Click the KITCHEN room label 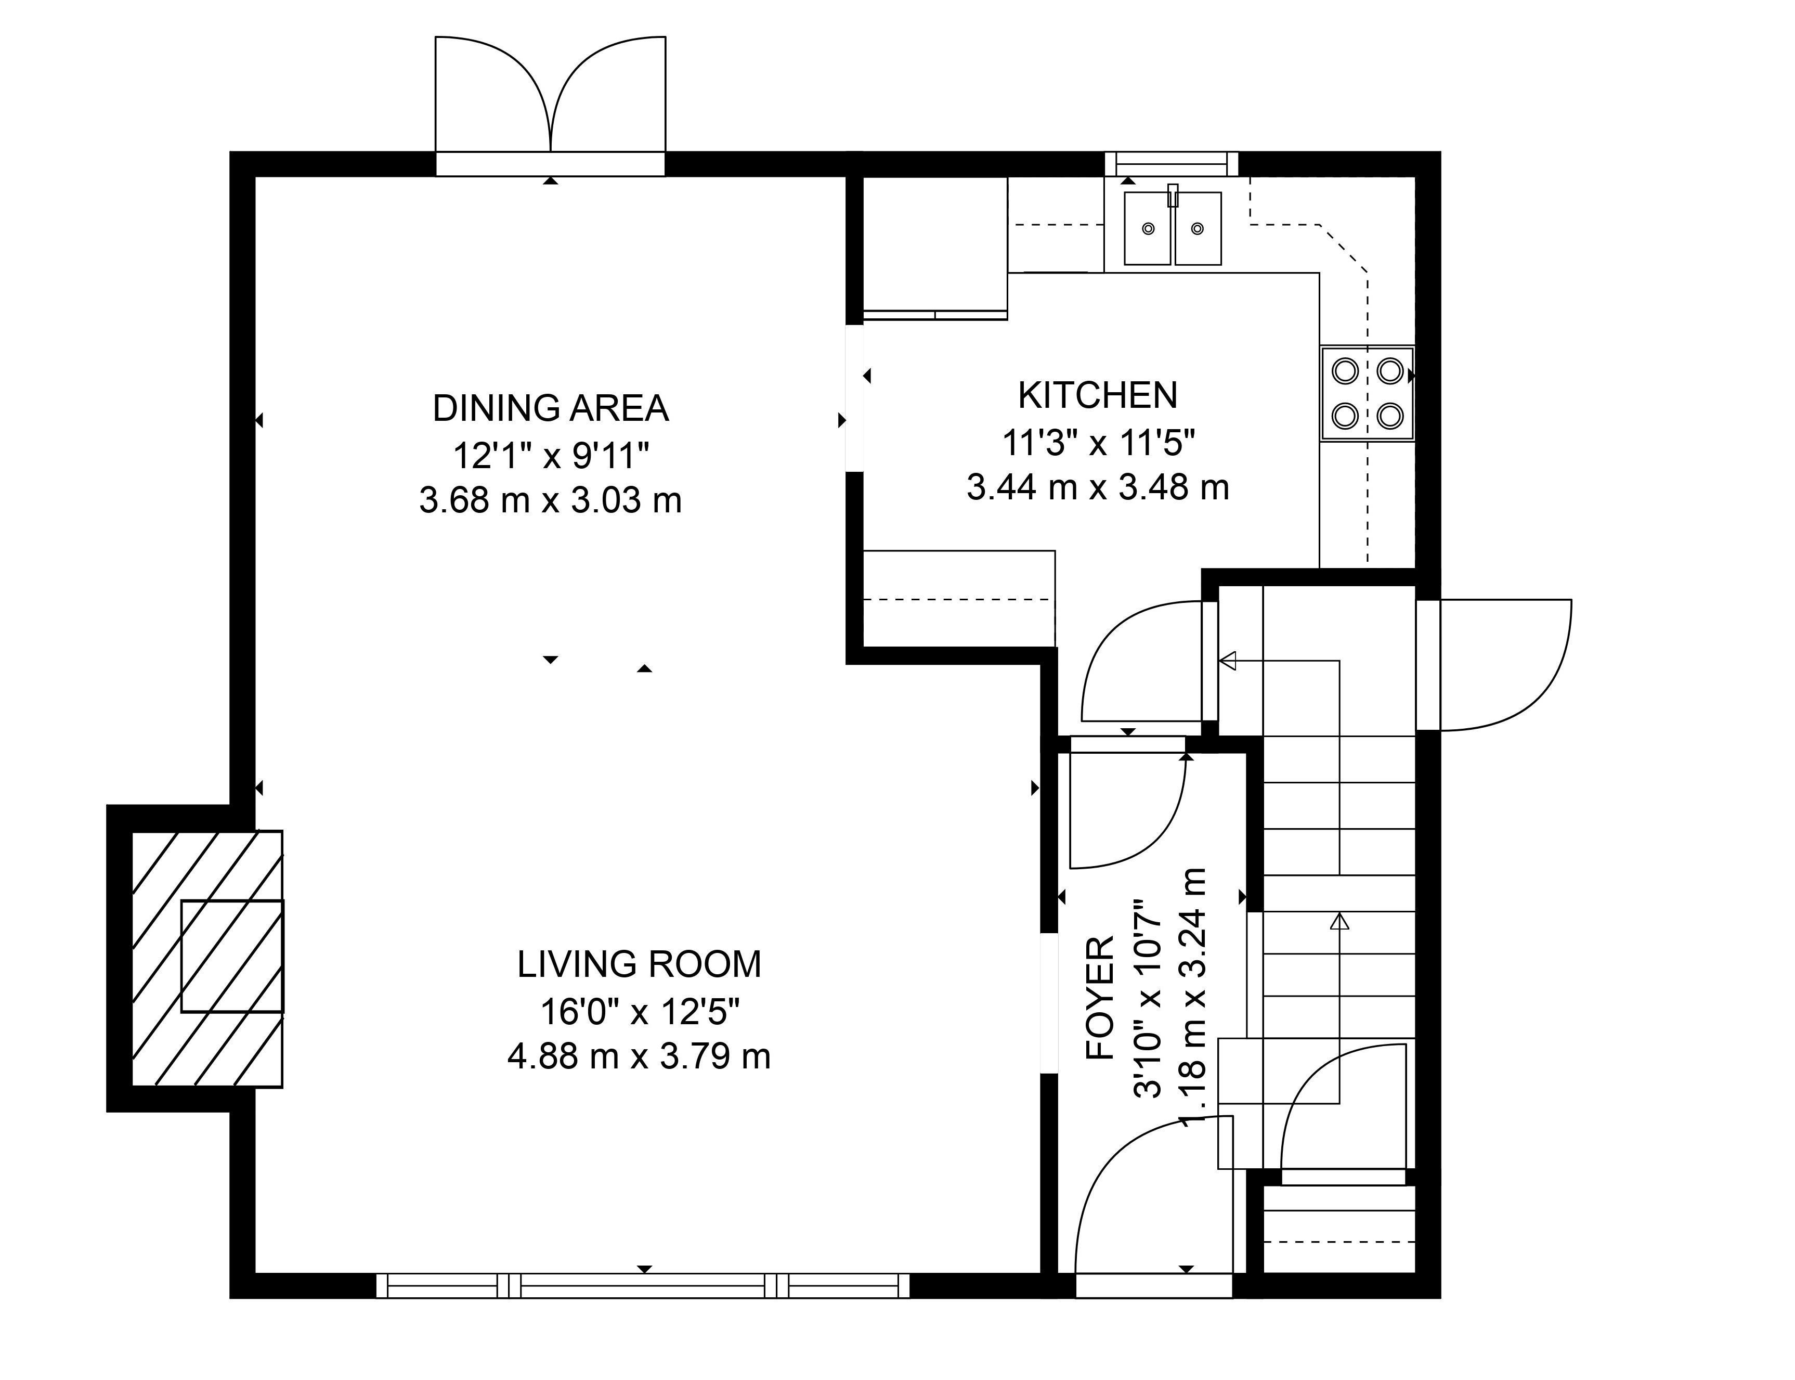1097,395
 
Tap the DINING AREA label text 550,408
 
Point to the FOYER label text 1100,998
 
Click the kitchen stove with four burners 1367,393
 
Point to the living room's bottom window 643,1285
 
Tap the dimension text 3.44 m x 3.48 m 1097,487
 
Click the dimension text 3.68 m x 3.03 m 550,500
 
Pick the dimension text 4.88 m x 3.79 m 639,1056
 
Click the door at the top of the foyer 1127,803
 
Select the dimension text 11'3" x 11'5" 1097,442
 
